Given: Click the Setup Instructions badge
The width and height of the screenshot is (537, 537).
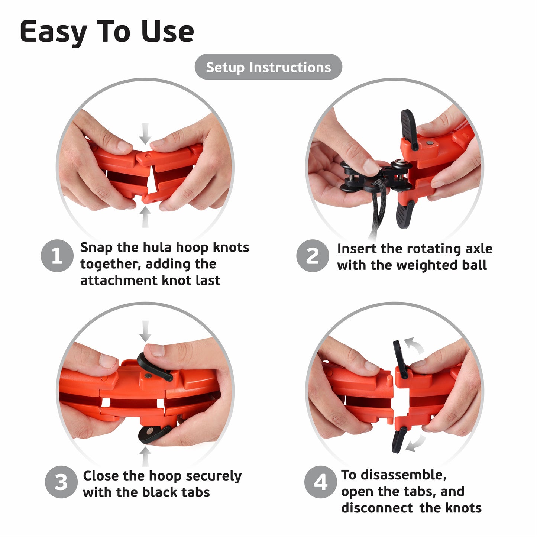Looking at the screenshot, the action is click(x=268, y=67).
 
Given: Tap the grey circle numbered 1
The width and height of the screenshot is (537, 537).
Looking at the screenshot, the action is click(x=57, y=256).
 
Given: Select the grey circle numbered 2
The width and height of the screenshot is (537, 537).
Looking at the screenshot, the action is click(x=313, y=256).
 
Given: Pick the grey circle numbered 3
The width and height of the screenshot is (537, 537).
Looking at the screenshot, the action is click(x=61, y=482).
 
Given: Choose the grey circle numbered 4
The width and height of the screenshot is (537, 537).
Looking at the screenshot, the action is click(x=320, y=482).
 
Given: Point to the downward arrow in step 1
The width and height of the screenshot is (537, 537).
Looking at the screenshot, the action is click(x=145, y=133).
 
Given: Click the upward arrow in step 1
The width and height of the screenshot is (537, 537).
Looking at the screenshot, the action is click(x=145, y=217).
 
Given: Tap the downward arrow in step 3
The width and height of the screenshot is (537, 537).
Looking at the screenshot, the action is click(x=145, y=331).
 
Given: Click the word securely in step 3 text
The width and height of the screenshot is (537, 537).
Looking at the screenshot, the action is click(x=213, y=476).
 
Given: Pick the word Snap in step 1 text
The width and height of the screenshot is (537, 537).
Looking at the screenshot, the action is click(x=96, y=248).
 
